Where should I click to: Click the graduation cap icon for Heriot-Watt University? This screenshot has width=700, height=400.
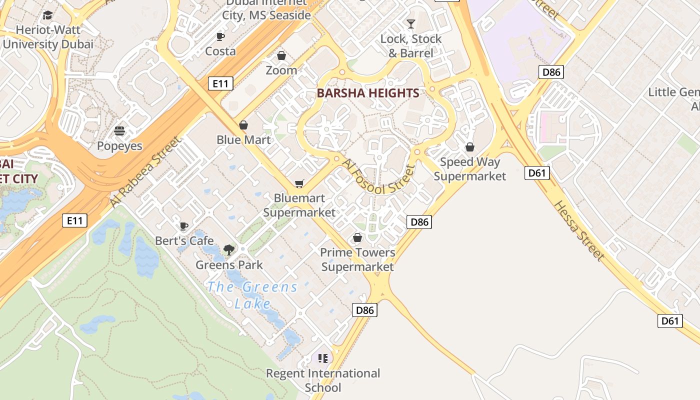click(47, 15)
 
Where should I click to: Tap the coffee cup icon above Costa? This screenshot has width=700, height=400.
click(220, 36)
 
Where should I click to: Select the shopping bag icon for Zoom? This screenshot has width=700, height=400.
click(281, 55)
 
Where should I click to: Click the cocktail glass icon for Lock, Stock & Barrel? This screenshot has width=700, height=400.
click(411, 23)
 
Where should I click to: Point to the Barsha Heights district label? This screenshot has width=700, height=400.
click(368, 93)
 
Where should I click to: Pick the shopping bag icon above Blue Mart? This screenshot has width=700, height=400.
click(243, 125)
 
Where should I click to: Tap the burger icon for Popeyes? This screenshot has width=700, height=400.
click(119, 131)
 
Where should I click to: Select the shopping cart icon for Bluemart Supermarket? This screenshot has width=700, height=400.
click(299, 184)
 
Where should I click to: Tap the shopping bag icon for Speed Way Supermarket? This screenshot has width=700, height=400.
click(469, 147)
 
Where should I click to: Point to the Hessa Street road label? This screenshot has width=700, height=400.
click(579, 230)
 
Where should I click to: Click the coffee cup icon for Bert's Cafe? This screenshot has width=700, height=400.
click(183, 226)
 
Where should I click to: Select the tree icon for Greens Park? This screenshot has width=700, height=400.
click(229, 249)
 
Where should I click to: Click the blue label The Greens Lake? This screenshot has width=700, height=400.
click(252, 295)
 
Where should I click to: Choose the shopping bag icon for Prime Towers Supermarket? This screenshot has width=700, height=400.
click(357, 237)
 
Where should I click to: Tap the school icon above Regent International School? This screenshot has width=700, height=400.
click(322, 358)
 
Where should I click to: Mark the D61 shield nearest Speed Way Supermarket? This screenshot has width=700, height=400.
click(537, 173)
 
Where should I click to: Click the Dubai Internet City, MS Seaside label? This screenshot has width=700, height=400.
click(266, 9)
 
